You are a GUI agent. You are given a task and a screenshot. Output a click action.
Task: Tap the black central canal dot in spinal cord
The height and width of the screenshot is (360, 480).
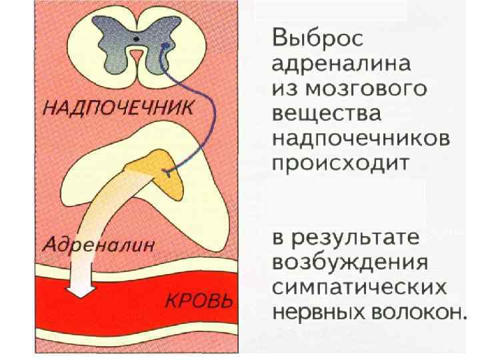[x=136, y=40]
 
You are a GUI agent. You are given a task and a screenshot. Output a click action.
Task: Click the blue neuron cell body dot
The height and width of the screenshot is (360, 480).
[x=165, y=45]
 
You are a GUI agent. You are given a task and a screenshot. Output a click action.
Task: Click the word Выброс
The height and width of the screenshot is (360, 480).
[x=317, y=38]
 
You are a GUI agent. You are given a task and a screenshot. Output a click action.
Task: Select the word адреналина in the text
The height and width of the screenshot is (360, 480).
[x=342, y=64]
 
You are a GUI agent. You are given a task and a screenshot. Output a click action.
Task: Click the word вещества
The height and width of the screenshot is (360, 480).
[x=327, y=114]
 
